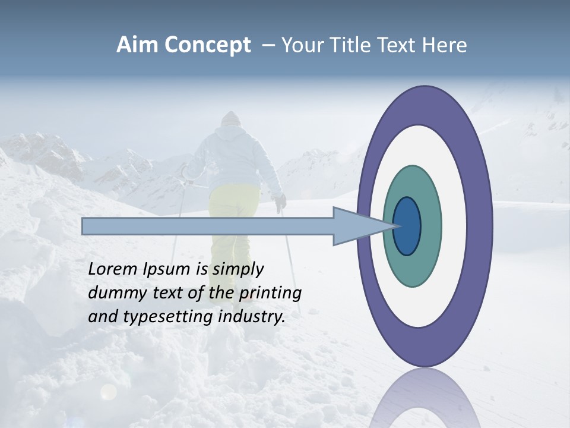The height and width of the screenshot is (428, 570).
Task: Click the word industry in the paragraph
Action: [x=252, y=317]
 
